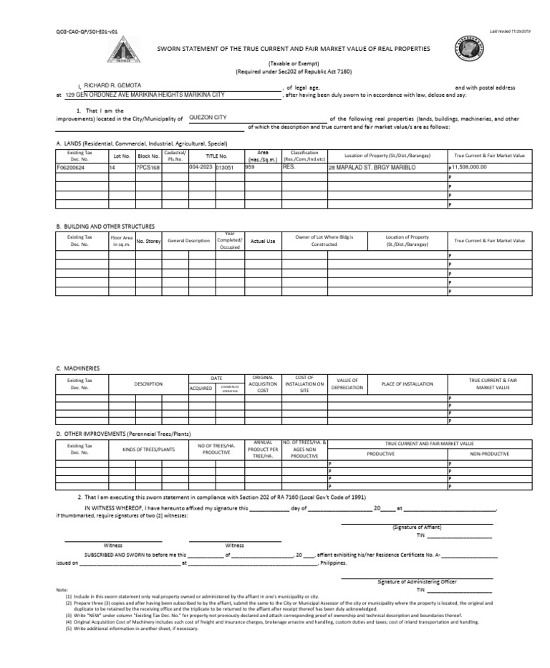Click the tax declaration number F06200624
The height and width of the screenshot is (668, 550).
point(71,167)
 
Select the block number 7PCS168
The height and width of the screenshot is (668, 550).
point(148,167)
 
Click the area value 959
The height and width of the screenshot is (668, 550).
point(250,166)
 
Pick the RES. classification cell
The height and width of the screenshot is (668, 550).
point(289,166)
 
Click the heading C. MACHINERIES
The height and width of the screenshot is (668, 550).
point(78,368)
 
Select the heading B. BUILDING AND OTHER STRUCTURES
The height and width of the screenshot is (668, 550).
point(105,226)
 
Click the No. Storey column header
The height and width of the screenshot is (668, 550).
point(148,242)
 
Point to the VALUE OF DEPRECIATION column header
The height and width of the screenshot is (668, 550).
point(347,383)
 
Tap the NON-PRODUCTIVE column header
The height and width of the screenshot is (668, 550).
point(489,454)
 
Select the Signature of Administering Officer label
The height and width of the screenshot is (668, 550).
point(417,581)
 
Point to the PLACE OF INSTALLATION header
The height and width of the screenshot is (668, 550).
point(407,383)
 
